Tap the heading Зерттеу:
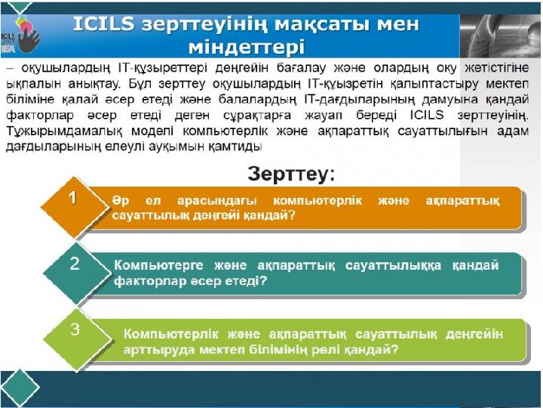tap(291, 175)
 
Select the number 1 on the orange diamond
tap(72, 198)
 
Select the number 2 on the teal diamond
tap(75, 264)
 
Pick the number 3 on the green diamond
tap(75, 330)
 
